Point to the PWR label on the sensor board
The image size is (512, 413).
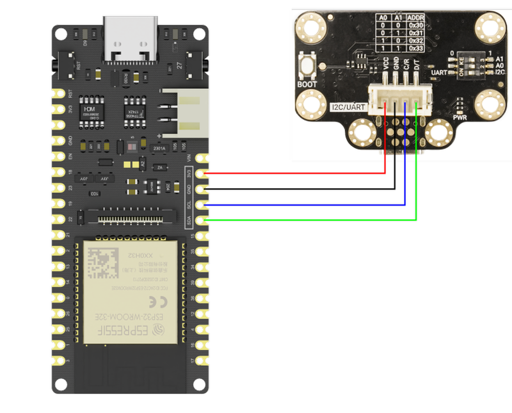pyautogui.click(x=460, y=118)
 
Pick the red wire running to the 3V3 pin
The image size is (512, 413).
pyautogui.click(x=294, y=172)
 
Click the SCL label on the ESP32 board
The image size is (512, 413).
pyautogui.click(x=189, y=206)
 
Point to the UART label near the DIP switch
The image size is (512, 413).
pyautogui.click(x=440, y=73)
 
